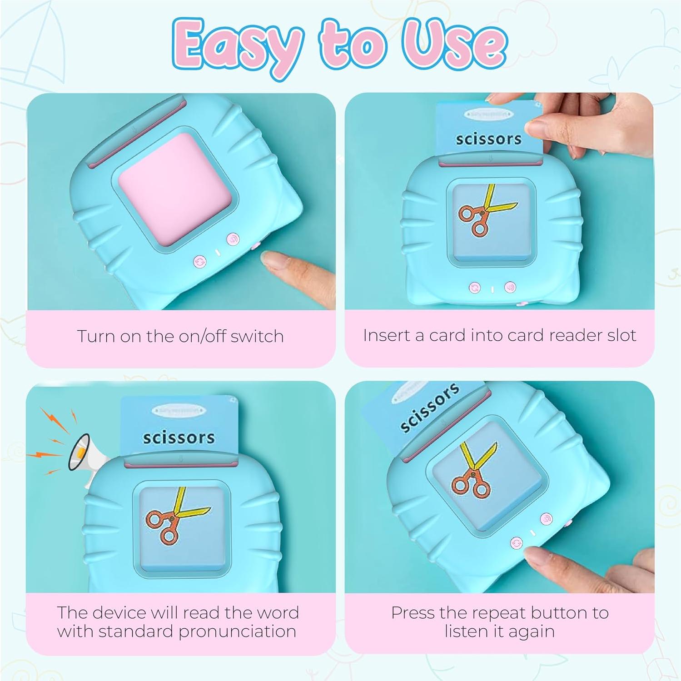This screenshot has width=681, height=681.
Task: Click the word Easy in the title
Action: coord(237,46)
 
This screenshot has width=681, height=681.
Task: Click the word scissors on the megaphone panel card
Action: coord(179,437)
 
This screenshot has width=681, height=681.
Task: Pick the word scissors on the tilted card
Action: coord(429,408)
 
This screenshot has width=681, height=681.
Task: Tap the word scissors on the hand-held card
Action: coord(488,139)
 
